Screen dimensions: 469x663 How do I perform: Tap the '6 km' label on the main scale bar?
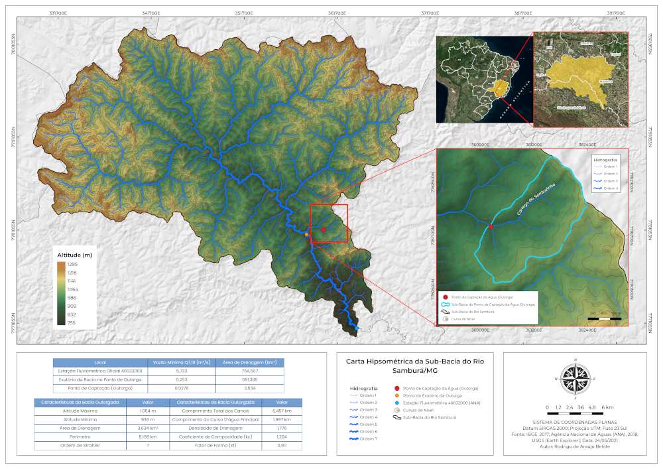pos(607,407)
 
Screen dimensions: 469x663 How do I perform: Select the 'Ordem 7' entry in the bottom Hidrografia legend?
pos(369,438)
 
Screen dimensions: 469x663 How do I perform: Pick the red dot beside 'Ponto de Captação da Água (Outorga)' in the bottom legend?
pos(396,387)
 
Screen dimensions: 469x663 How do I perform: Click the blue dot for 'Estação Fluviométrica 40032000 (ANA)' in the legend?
pos(396,403)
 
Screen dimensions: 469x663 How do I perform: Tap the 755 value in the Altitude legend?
pos(72,322)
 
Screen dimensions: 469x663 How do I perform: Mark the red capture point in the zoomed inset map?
pos(491,227)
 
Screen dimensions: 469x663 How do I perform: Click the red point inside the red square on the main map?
pos(324,230)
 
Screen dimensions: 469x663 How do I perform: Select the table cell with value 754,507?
pos(250,371)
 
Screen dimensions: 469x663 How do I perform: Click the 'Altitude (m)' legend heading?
pos(75,255)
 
